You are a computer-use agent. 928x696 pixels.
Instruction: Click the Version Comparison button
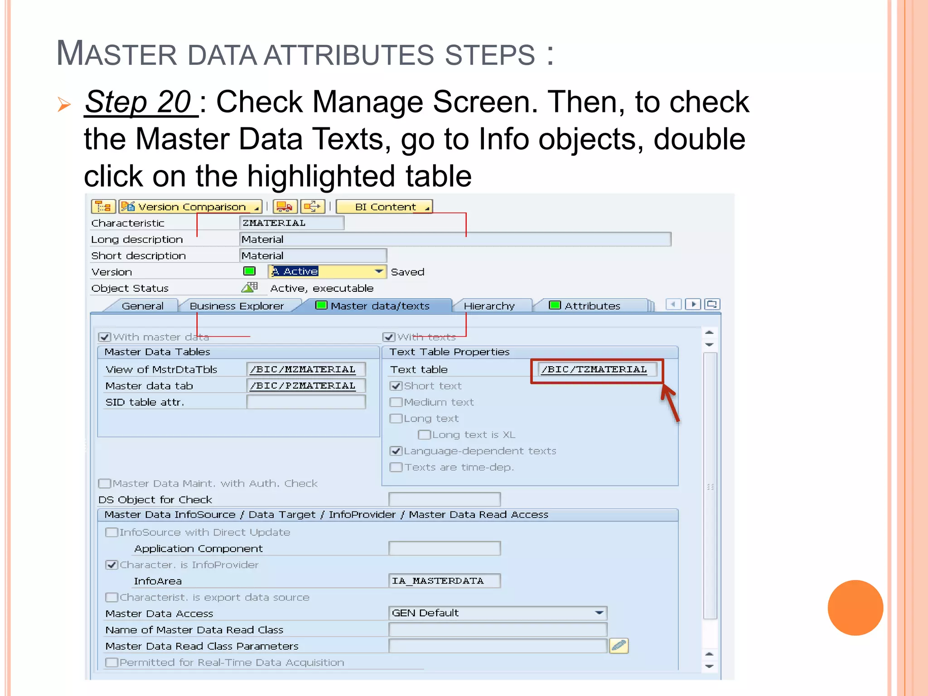click(191, 207)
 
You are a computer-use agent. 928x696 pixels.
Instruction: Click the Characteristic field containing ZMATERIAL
click(291, 223)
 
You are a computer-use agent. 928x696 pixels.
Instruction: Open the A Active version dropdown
click(379, 271)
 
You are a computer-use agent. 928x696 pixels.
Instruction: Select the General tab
click(142, 306)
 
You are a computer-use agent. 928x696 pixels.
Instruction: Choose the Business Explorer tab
click(237, 306)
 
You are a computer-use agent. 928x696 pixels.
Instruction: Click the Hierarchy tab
click(489, 306)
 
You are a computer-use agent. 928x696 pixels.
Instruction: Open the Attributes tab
click(592, 306)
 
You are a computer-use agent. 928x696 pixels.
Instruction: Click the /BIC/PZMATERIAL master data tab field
click(305, 386)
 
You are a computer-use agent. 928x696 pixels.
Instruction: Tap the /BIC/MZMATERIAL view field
click(305, 369)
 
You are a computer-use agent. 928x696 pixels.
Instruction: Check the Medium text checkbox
click(396, 402)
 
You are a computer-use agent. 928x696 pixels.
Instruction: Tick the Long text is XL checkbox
click(424, 435)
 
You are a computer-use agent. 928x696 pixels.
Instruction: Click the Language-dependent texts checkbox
click(396, 451)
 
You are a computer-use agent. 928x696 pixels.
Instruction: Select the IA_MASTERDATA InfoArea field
click(444, 581)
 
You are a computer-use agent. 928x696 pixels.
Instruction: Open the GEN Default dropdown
click(599, 613)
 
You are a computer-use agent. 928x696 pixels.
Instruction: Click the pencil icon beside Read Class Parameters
click(619, 646)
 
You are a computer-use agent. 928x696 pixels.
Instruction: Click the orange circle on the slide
click(855, 608)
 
